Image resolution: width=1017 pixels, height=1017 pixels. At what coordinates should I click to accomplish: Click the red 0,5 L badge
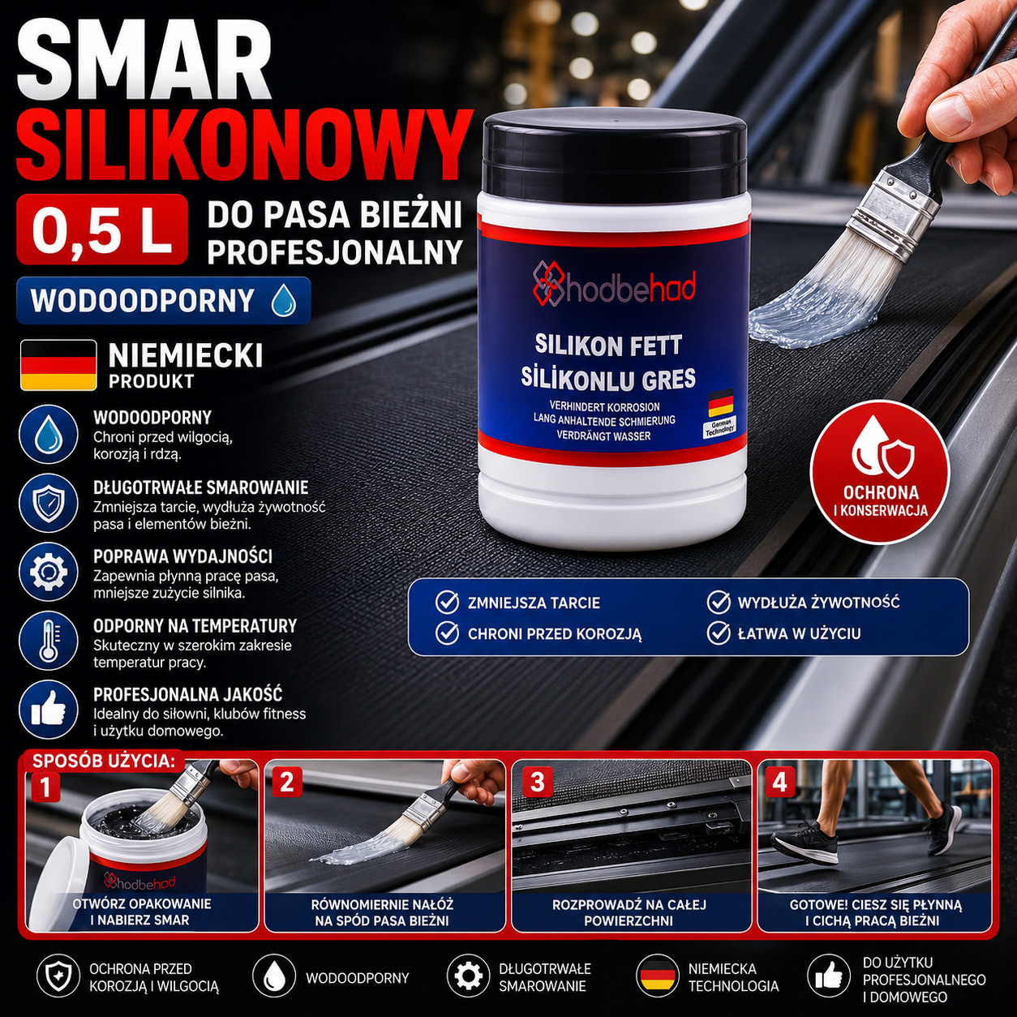pos(102,229)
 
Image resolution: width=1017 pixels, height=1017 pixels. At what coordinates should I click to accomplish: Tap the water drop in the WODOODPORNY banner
pos(283,300)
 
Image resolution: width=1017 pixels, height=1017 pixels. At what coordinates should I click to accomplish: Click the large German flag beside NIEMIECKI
pos(58,365)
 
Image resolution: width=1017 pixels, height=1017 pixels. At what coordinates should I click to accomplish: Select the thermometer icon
pos(49,641)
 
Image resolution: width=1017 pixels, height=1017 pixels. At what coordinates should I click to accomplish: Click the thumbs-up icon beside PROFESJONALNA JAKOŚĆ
pos(49,710)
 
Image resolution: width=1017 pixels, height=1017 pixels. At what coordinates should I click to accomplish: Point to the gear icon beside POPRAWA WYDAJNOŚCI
pos(49,572)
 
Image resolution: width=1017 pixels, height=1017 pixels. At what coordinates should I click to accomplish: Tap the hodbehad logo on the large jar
pos(614,288)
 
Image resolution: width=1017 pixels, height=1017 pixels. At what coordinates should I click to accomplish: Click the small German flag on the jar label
pos(720,403)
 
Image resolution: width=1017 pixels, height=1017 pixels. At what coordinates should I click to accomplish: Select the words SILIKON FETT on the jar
pos(608,345)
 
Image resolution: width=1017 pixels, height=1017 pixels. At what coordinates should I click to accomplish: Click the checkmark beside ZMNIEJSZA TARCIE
pos(447,603)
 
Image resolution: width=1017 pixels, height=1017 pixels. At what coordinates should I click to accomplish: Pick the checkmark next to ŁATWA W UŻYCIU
pos(719,633)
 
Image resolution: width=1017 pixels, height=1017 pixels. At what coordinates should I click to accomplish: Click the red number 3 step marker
pos(537,782)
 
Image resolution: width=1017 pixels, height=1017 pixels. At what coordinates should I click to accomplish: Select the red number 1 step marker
pos(46,787)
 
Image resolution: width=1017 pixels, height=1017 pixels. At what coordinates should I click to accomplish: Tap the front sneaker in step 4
pos(804,841)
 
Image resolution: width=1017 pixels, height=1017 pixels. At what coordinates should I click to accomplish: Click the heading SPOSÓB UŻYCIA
pos(104,761)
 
